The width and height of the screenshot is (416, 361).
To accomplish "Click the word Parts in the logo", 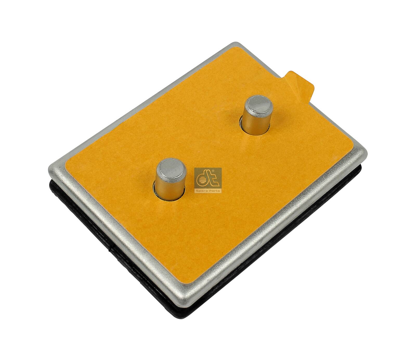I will coord(215,191).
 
